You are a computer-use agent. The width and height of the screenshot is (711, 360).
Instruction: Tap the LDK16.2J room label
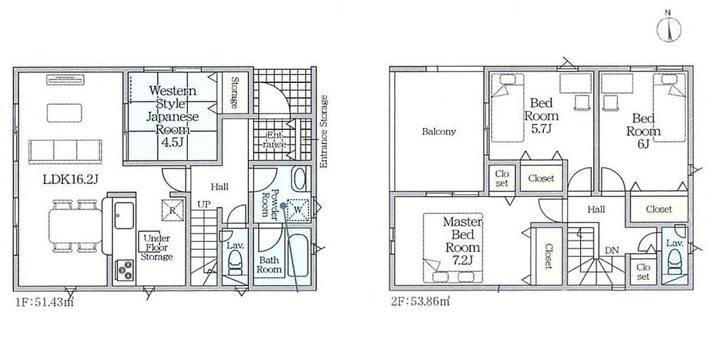point(71,179)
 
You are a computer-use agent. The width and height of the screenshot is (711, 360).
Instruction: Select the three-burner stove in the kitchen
point(126,270)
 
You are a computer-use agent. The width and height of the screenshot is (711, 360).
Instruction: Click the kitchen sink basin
point(124,216)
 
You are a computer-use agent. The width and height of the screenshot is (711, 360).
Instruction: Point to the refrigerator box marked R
point(172,210)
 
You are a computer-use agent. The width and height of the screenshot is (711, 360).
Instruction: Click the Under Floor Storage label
point(157,247)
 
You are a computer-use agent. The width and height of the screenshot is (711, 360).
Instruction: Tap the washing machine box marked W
point(298,210)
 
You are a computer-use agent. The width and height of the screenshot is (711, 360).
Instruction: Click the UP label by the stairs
point(203,205)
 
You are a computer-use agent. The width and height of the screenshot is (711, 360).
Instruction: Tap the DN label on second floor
point(611,250)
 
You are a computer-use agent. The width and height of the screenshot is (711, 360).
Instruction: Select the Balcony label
point(438,131)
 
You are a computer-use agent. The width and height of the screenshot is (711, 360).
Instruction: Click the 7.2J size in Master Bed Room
point(463,261)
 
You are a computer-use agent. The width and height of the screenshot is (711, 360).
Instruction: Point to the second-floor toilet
point(675,262)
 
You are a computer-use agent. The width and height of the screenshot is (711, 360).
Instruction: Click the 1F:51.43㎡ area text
point(44,303)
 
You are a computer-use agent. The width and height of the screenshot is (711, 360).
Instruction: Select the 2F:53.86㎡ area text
point(420,301)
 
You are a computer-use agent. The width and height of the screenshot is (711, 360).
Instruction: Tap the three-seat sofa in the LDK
point(65,152)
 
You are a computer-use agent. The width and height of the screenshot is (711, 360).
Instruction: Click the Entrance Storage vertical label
point(323,131)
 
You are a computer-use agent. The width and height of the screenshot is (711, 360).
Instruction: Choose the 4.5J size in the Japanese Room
point(172,143)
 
